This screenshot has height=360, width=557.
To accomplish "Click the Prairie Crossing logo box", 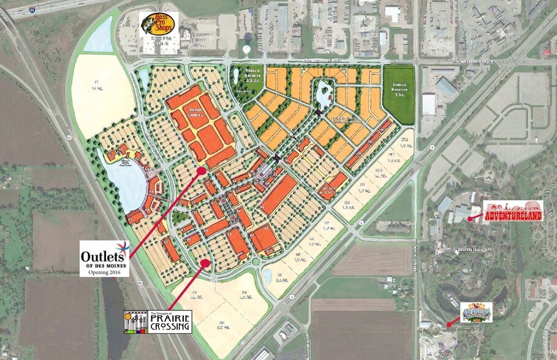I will (x=157, y=321).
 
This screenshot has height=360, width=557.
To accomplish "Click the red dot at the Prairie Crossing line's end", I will (x=206, y=263).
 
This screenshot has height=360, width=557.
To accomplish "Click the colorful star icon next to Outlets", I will (x=125, y=249).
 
